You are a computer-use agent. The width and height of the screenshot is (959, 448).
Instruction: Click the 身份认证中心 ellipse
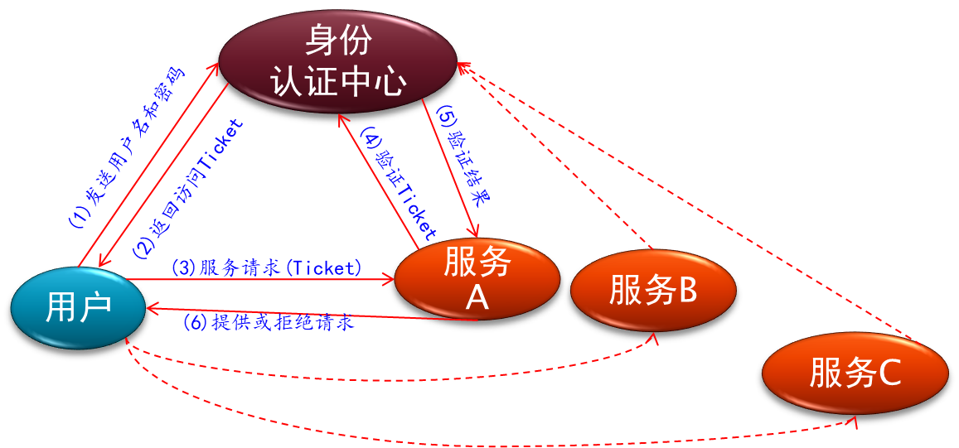click(338, 60)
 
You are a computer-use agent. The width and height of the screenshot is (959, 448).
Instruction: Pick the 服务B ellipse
click(653, 290)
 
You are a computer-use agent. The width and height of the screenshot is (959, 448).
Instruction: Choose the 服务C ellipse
click(855, 373)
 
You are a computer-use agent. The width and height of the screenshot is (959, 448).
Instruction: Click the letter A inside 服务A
click(477, 298)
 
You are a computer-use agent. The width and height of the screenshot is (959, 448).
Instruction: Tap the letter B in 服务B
click(687, 290)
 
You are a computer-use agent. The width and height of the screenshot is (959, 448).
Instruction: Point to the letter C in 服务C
click(889, 373)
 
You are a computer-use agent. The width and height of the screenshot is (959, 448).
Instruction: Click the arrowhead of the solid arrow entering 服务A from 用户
click(389, 280)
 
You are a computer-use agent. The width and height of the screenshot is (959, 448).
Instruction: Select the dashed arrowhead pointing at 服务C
click(853, 422)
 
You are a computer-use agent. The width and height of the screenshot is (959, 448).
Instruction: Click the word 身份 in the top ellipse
click(338, 39)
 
